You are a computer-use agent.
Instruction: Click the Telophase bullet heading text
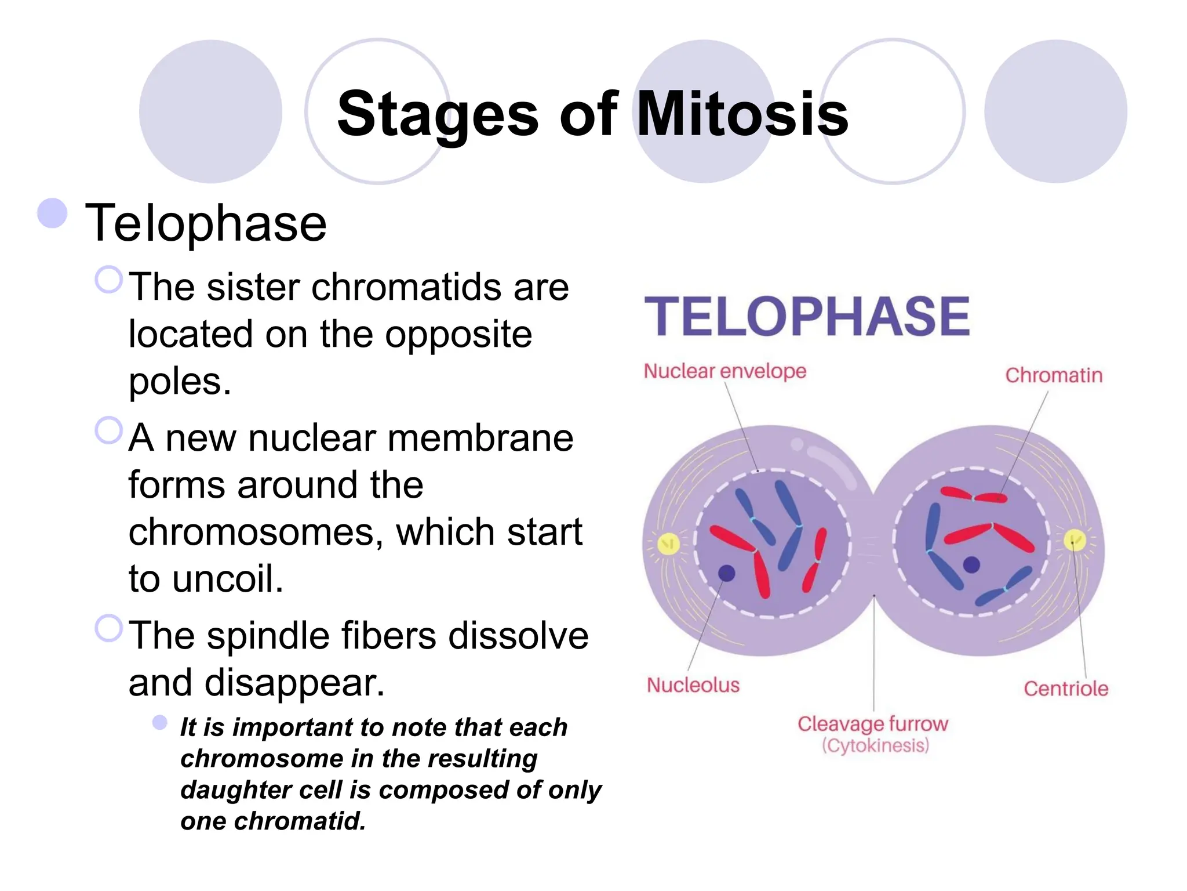point(206,223)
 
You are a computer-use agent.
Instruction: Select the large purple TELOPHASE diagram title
point(807,317)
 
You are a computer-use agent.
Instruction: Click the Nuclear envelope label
point(724,371)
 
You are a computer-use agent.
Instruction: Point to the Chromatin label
point(1053,375)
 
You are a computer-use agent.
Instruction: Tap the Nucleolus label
point(693,685)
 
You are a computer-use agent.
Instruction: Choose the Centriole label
point(1065,689)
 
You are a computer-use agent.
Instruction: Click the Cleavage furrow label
point(872,724)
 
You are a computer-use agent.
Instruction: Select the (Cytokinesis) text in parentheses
point(875,745)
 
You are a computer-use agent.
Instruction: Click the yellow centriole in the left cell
point(668,544)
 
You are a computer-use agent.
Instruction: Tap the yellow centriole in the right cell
point(1074,540)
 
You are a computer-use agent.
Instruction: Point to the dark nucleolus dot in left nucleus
point(726,573)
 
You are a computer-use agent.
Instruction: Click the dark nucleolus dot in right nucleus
point(971,564)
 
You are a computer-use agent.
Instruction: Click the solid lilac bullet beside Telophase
point(52,213)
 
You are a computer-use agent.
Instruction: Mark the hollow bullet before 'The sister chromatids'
point(109,280)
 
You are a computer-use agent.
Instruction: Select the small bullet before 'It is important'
point(160,722)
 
